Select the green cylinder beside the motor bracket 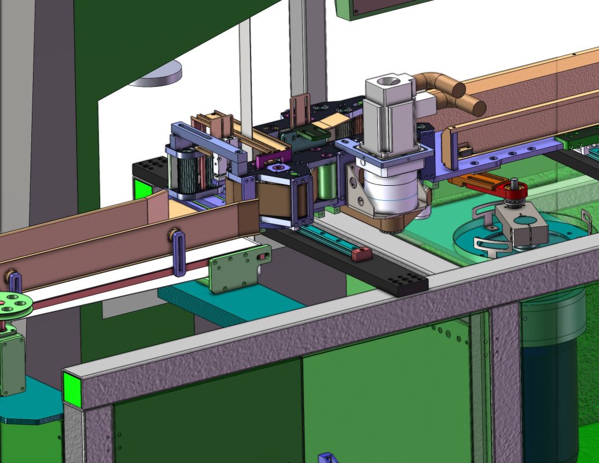click(x=327, y=181)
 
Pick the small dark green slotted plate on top click(x=310, y=135)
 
